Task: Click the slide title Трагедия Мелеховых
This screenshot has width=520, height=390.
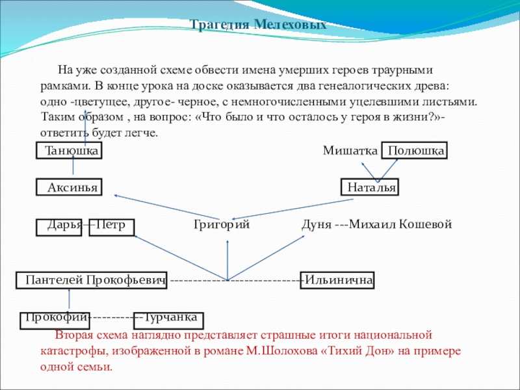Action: (x=258, y=25)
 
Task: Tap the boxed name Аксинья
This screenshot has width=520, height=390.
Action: (x=71, y=188)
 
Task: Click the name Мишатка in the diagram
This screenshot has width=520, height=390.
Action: (x=350, y=151)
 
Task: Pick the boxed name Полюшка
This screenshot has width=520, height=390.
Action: (x=415, y=151)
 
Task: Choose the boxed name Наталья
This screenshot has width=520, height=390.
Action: (x=371, y=188)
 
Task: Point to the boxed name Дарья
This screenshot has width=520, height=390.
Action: (x=64, y=225)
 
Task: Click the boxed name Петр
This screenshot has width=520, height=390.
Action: (x=111, y=226)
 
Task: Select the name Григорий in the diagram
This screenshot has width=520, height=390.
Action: (x=222, y=225)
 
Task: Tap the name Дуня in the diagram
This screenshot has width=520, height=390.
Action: (x=316, y=225)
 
